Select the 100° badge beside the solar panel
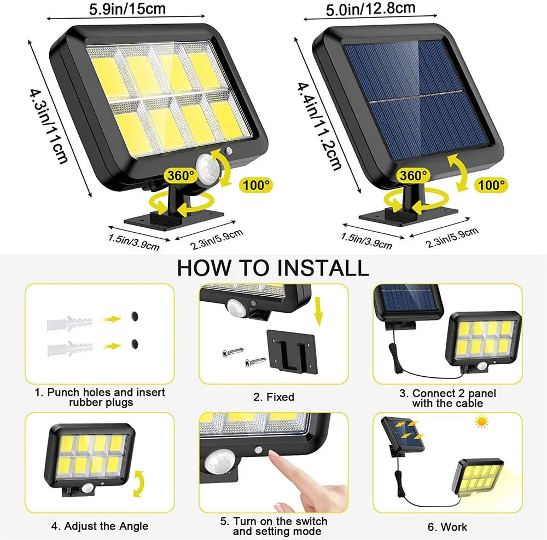(x=491, y=185)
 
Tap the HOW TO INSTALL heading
(x=273, y=268)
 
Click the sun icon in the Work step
(x=481, y=422)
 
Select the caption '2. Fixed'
(x=273, y=397)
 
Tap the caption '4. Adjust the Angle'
(x=100, y=526)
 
